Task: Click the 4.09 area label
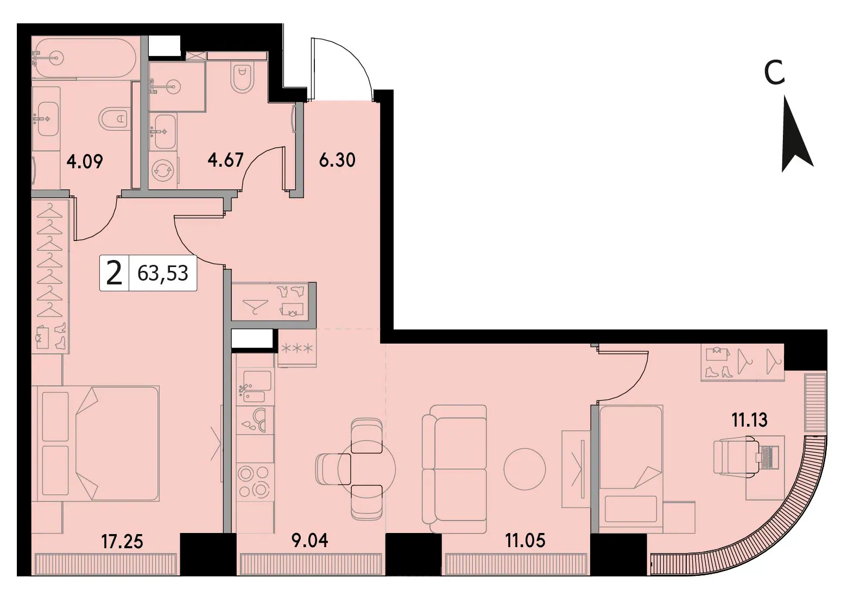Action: click(85, 162)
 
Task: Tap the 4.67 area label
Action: click(225, 160)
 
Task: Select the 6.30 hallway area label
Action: click(337, 160)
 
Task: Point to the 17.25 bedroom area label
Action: click(122, 542)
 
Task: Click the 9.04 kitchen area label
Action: click(309, 541)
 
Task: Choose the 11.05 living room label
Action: click(526, 541)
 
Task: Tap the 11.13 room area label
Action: click(749, 420)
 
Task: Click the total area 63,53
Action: click(163, 273)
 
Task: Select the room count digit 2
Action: click(114, 274)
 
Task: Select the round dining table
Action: click(367, 470)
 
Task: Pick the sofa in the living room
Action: click(454, 469)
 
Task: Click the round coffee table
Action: click(524, 469)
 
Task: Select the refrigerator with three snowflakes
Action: click(297, 348)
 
